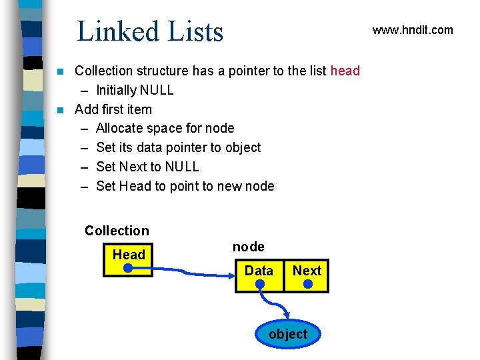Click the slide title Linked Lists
pyautogui.click(x=150, y=31)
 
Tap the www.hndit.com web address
pyautogui.click(x=412, y=30)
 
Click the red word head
pyautogui.click(x=345, y=71)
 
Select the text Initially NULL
pyautogui.click(x=135, y=90)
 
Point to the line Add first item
pyautogui.click(x=113, y=109)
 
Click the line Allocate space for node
pyautogui.click(x=165, y=128)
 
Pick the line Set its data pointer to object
pyautogui.click(x=179, y=147)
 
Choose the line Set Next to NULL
pyautogui.click(x=147, y=167)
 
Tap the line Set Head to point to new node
pyautogui.click(x=185, y=186)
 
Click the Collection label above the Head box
pyautogui.click(x=117, y=231)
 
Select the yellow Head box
pyautogui.click(x=128, y=260)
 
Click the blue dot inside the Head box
pyautogui.click(x=129, y=269)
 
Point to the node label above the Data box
pyautogui.click(x=249, y=247)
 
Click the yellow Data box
pyautogui.click(x=259, y=275)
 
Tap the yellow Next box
pyautogui.click(x=307, y=275)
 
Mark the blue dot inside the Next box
pyautogui.click(x=307, y=284)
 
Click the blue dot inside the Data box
pyautogui.click(x=259, y=285)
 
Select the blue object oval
pyautogui.click(x=288, y=334)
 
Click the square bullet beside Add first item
pyautogui.click(x=61, y=109)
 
